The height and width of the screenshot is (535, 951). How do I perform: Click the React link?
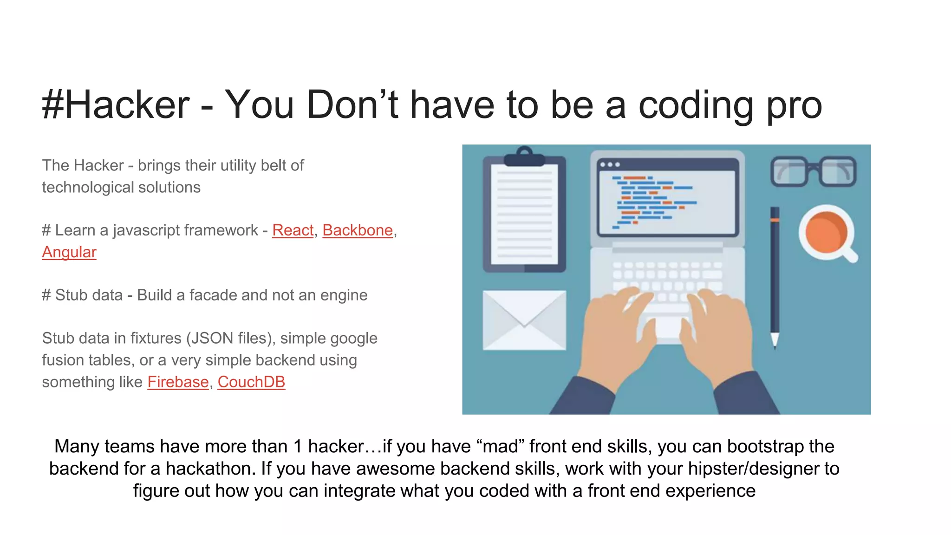pos(293,230)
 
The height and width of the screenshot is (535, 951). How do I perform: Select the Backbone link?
pos(358,230)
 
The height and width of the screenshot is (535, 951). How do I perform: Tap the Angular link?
pos(69,252)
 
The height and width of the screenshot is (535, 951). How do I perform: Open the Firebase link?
pos(178,382)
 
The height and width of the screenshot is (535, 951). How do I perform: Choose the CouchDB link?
pos(251,382)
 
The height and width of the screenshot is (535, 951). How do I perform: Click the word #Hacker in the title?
pos(116,105)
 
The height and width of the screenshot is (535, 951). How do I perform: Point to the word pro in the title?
pos(794,106)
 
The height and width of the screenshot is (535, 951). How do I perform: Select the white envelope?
pos(524,320)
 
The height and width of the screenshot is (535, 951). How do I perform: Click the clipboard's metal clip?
pos(525,157)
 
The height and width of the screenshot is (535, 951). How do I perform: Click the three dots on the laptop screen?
pos(610,165)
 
